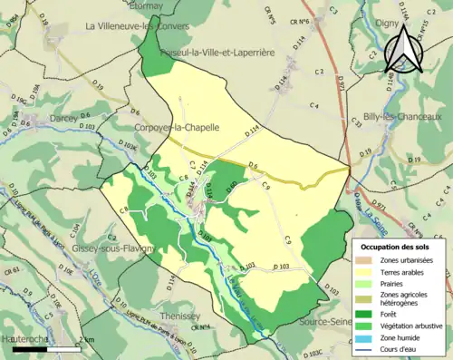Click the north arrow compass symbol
[404, 50]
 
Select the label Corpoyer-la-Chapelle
[177, 128]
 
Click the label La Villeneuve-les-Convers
[137, 26]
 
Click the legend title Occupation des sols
[398, 248]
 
